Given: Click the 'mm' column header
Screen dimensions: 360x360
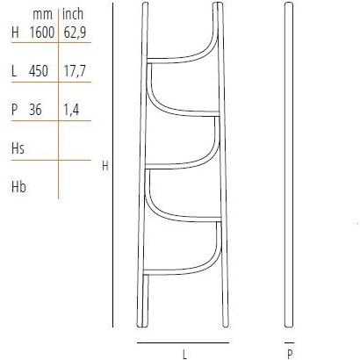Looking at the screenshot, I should [41, 14].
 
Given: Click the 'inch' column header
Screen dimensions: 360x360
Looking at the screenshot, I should [72, 14].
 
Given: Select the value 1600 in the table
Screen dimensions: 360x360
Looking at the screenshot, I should [41, 32].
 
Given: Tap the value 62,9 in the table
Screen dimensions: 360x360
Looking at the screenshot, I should [74, 32].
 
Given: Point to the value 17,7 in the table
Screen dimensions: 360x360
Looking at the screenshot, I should [74, 72].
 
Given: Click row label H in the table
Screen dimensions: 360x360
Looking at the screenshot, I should [14, 32].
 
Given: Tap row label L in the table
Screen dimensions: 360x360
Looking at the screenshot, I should [14, 72].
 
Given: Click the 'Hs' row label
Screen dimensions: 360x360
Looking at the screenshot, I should [17, 148].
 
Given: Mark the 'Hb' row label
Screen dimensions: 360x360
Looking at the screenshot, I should [17, 186].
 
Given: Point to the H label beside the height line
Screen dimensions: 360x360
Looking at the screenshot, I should [104, 165].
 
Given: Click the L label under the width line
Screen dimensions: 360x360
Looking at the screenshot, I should [184, 355].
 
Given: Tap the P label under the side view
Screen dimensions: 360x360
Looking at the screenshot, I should [289, 355].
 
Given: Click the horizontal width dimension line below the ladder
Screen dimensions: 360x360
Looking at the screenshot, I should [183, 342].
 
